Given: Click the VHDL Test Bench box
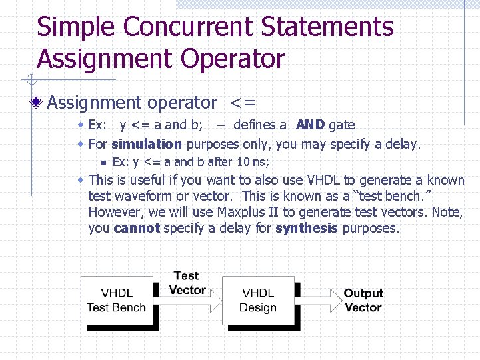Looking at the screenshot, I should [x=116, y=301].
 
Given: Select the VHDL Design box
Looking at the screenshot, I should [x=258, y=301].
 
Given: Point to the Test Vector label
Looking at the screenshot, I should [x=187, y=283].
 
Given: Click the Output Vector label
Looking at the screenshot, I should [x=363, y=301].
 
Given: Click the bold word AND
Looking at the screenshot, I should [x=310, y=125].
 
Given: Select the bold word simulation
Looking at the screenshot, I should [x=147, y=144].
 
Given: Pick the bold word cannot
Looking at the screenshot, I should [x=137, y=229].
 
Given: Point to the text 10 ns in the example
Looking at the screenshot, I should [x=251, y=162].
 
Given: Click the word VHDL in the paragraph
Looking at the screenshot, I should [x=323, y=180].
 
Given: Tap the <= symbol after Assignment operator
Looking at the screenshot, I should [x=242, y=103].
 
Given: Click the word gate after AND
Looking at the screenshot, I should [x=341, y=125].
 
